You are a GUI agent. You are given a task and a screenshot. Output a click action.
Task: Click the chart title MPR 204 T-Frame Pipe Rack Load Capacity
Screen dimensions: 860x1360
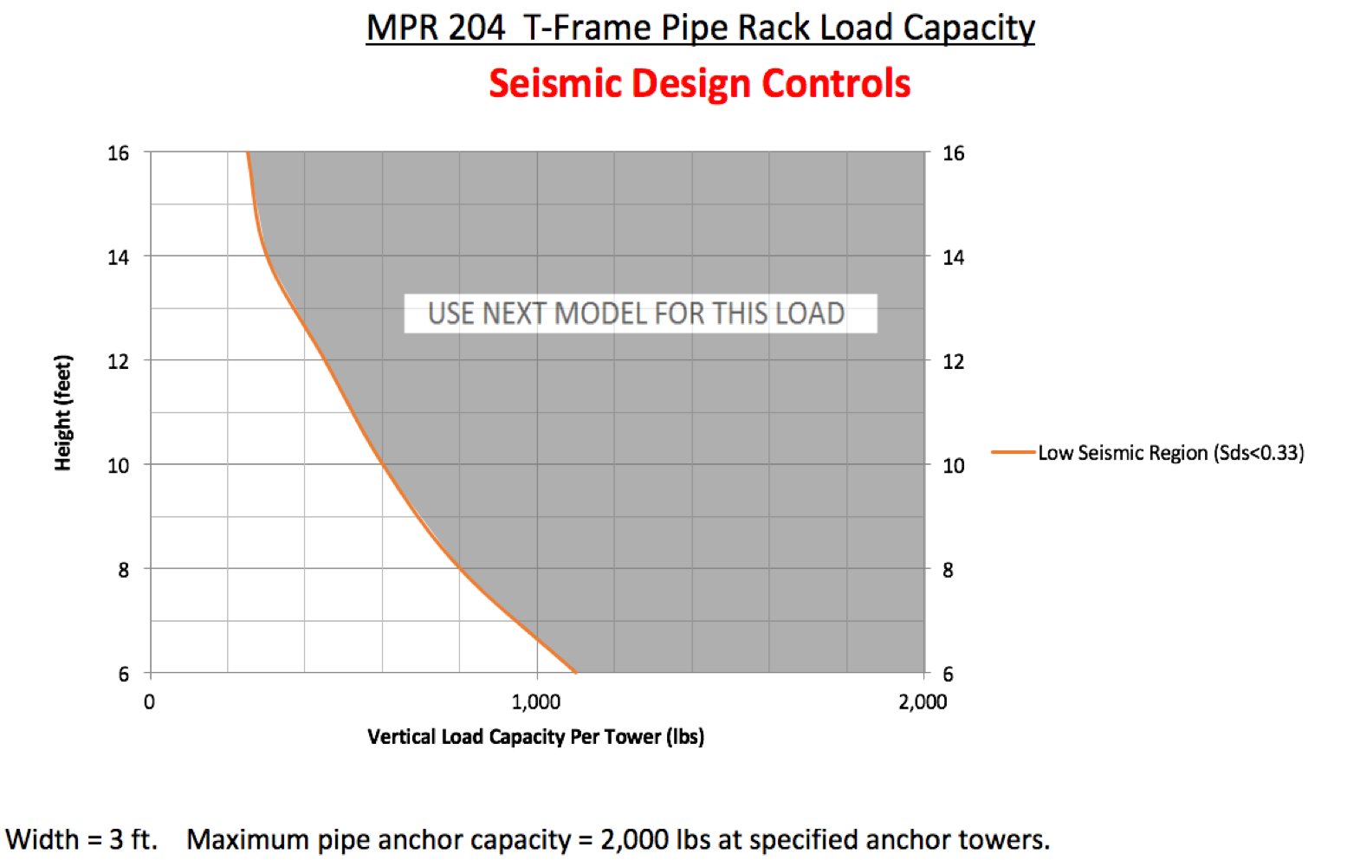(x=700, y=28)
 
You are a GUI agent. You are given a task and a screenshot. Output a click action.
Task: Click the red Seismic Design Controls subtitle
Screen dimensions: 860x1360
(x=700, y=83)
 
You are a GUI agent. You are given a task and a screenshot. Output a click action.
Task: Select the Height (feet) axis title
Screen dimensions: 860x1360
(x=62, y=412)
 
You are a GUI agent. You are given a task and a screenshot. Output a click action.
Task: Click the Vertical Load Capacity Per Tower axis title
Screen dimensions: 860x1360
(x=535, y=737)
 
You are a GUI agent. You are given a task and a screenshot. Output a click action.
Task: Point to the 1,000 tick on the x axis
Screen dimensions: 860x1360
(x=536, y=702)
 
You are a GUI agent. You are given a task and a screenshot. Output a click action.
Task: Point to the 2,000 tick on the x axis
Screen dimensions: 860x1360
(x=923, y=702)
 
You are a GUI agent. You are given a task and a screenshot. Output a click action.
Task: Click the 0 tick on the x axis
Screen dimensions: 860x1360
(x=149, y=702)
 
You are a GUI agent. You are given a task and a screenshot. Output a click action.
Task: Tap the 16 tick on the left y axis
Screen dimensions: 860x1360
(x=118, y=153)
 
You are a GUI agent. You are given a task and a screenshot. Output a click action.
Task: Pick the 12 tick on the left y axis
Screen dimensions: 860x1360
(x=118, y=361)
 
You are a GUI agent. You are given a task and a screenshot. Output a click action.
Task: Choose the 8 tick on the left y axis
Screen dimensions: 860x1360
(x=123, y=570)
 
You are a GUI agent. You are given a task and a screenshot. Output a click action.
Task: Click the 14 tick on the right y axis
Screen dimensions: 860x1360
(x=953, y=257)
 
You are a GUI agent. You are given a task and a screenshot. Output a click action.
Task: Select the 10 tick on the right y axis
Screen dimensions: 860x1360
(x=953, y=466)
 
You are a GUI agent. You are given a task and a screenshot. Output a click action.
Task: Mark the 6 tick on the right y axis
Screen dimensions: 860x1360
(x=948, y=674)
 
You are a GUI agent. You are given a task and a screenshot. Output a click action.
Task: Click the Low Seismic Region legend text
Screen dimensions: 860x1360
(x=1170, y=453)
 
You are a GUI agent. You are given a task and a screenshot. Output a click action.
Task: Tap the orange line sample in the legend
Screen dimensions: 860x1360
(x=1013, y=452)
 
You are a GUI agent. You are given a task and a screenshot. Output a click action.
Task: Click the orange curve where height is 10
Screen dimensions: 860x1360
(x=382, y=464)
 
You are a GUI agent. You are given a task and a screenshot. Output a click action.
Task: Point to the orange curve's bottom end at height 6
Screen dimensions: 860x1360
(x=575, y=671)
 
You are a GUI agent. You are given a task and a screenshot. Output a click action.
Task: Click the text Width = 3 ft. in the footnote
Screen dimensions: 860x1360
(x=81, y=839)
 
